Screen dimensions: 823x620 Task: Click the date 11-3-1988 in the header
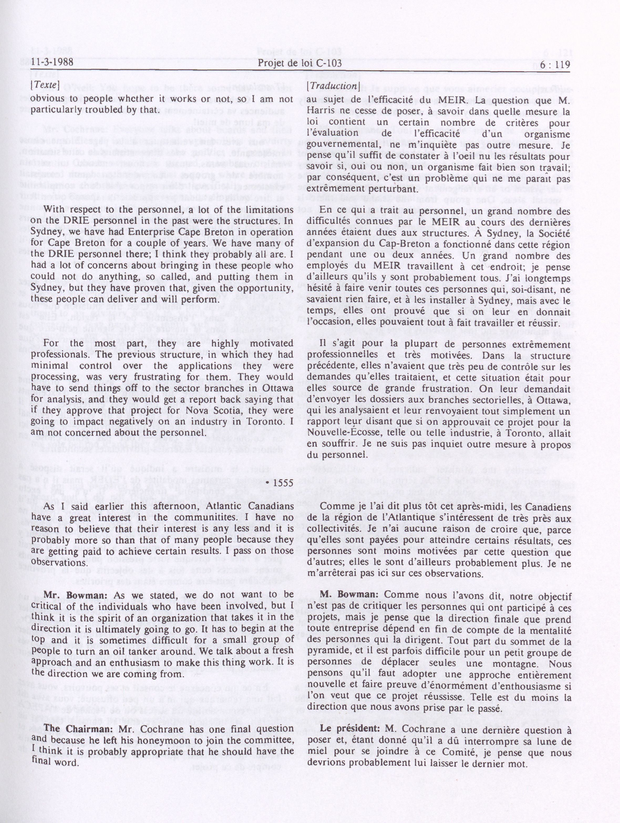52,63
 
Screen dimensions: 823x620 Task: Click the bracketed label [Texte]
45,85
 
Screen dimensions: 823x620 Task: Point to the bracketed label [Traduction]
332,86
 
